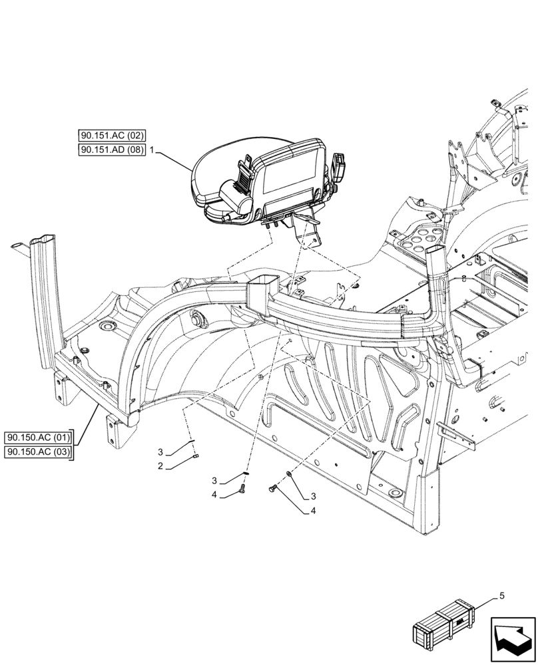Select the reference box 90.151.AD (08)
click(x=111, y=150)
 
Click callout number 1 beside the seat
click(x=152, y=151)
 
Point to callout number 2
click(x=160, y=467)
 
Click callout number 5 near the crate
click(x=501, y=596)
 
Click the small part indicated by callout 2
click(x=198, y=456)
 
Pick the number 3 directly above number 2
click(x=160, y=452)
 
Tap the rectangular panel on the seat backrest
click(x=286, y=180)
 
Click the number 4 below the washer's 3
click(x=312, y=511)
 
